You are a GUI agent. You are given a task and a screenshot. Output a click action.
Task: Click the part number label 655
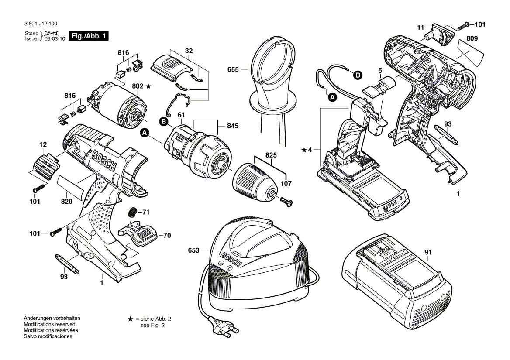[233, 69]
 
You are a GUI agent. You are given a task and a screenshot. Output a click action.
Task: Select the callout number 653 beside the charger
[193, 250]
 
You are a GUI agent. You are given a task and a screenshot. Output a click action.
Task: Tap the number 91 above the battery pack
[428, 252]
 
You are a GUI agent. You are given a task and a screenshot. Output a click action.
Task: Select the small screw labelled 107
[287, 200]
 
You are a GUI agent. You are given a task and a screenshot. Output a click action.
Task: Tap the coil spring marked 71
[131, 213]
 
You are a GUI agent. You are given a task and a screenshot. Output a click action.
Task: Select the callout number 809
[472, 38]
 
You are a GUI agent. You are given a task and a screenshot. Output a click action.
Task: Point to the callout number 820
[66, 202]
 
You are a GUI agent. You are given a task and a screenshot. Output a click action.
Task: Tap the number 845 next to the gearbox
[233, 127]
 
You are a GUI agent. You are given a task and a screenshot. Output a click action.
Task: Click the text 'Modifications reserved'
[49, 324]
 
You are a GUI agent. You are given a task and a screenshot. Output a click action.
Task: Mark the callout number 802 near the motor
[138, 86]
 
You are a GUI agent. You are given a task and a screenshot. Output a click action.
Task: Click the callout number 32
[189, 51]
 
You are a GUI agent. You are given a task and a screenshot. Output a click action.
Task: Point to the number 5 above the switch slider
[380, 70]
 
